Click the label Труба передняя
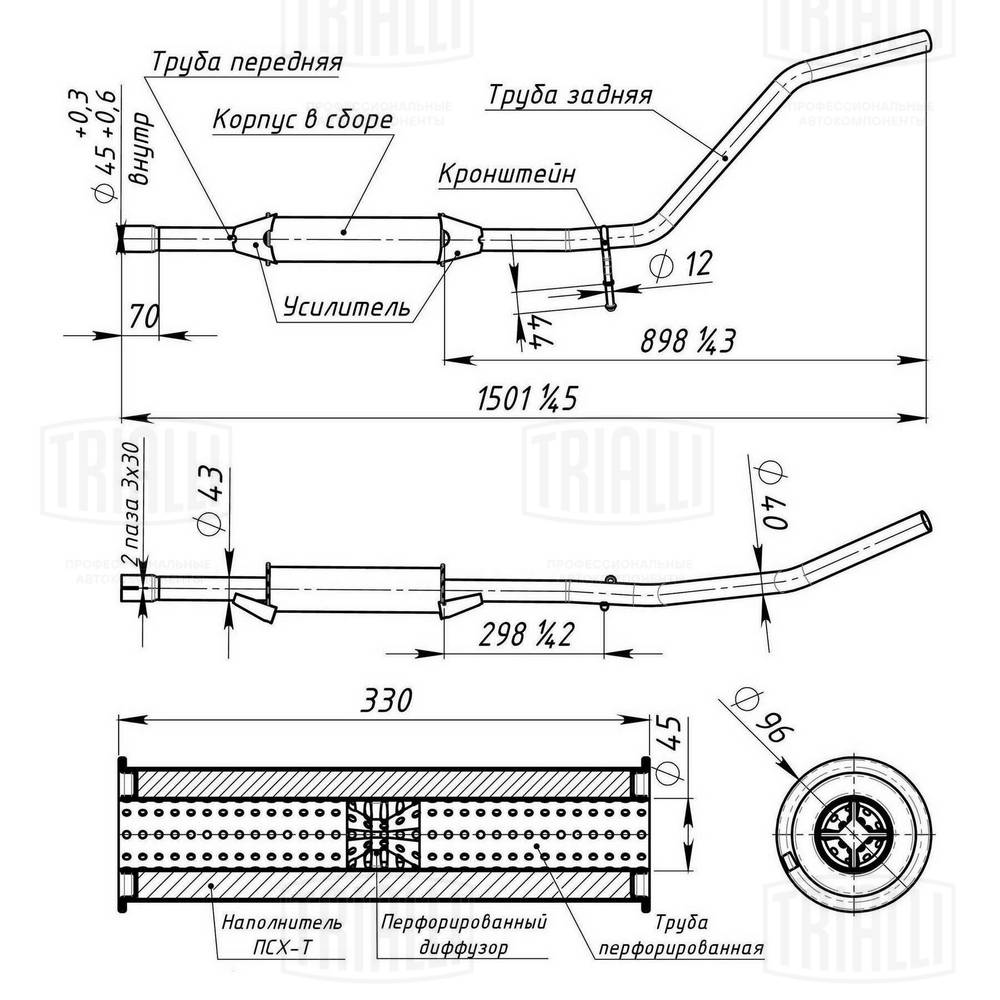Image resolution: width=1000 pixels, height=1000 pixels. tap(247, 62)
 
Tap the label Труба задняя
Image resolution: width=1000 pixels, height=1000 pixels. tap(570, 95)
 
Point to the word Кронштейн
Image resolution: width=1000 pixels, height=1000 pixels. tap(507, 173)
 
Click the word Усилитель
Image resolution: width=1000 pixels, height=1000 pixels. tap(346, 307)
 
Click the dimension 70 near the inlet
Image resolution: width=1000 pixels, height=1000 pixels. tap(145, 317)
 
